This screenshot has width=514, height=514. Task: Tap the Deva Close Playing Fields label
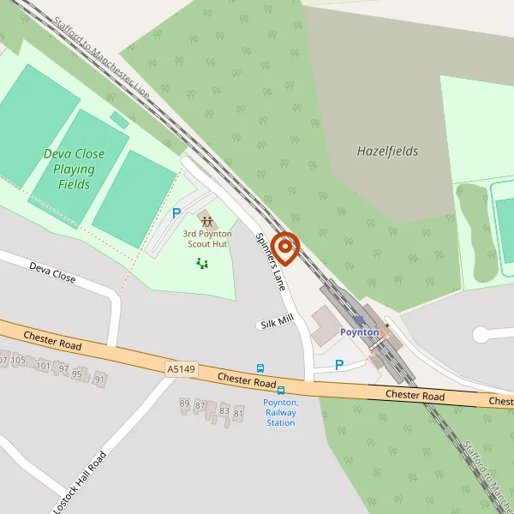point(75,169)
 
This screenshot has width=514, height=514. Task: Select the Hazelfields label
point(387,152)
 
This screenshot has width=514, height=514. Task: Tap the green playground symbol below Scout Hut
point(202,263)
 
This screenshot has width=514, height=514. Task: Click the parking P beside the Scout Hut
point(176,213)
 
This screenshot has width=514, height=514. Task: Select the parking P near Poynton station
point(339,365)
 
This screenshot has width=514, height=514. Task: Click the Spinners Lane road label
point(270,262)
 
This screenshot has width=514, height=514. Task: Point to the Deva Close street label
point(52,273)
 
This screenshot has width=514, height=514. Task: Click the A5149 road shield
point(181,368)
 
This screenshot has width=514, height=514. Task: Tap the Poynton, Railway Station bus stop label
point(280,412)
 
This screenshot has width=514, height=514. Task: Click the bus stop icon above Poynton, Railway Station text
point(280,391)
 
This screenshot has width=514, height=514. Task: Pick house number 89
point(184,403)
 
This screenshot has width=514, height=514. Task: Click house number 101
point(44,365)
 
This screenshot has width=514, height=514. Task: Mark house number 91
point(100,379)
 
